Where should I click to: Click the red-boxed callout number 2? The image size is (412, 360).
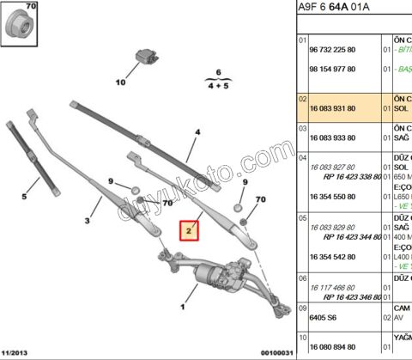click(x=187, y=230)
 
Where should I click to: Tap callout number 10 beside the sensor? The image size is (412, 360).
click(x=120, y=82)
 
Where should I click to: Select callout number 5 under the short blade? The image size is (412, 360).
click(x=24, y=197)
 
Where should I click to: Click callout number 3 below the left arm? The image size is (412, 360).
click(x=88, y=221)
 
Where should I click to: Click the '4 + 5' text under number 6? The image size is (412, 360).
click(x=218, y=86)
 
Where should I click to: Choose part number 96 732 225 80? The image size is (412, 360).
click(x=331, y=51)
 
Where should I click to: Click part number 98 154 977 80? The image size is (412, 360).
click(x=331, y=76)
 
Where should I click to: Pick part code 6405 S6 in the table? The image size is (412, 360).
click(x=321, y=314)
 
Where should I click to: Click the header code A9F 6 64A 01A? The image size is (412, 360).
click(x=335, y=9)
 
